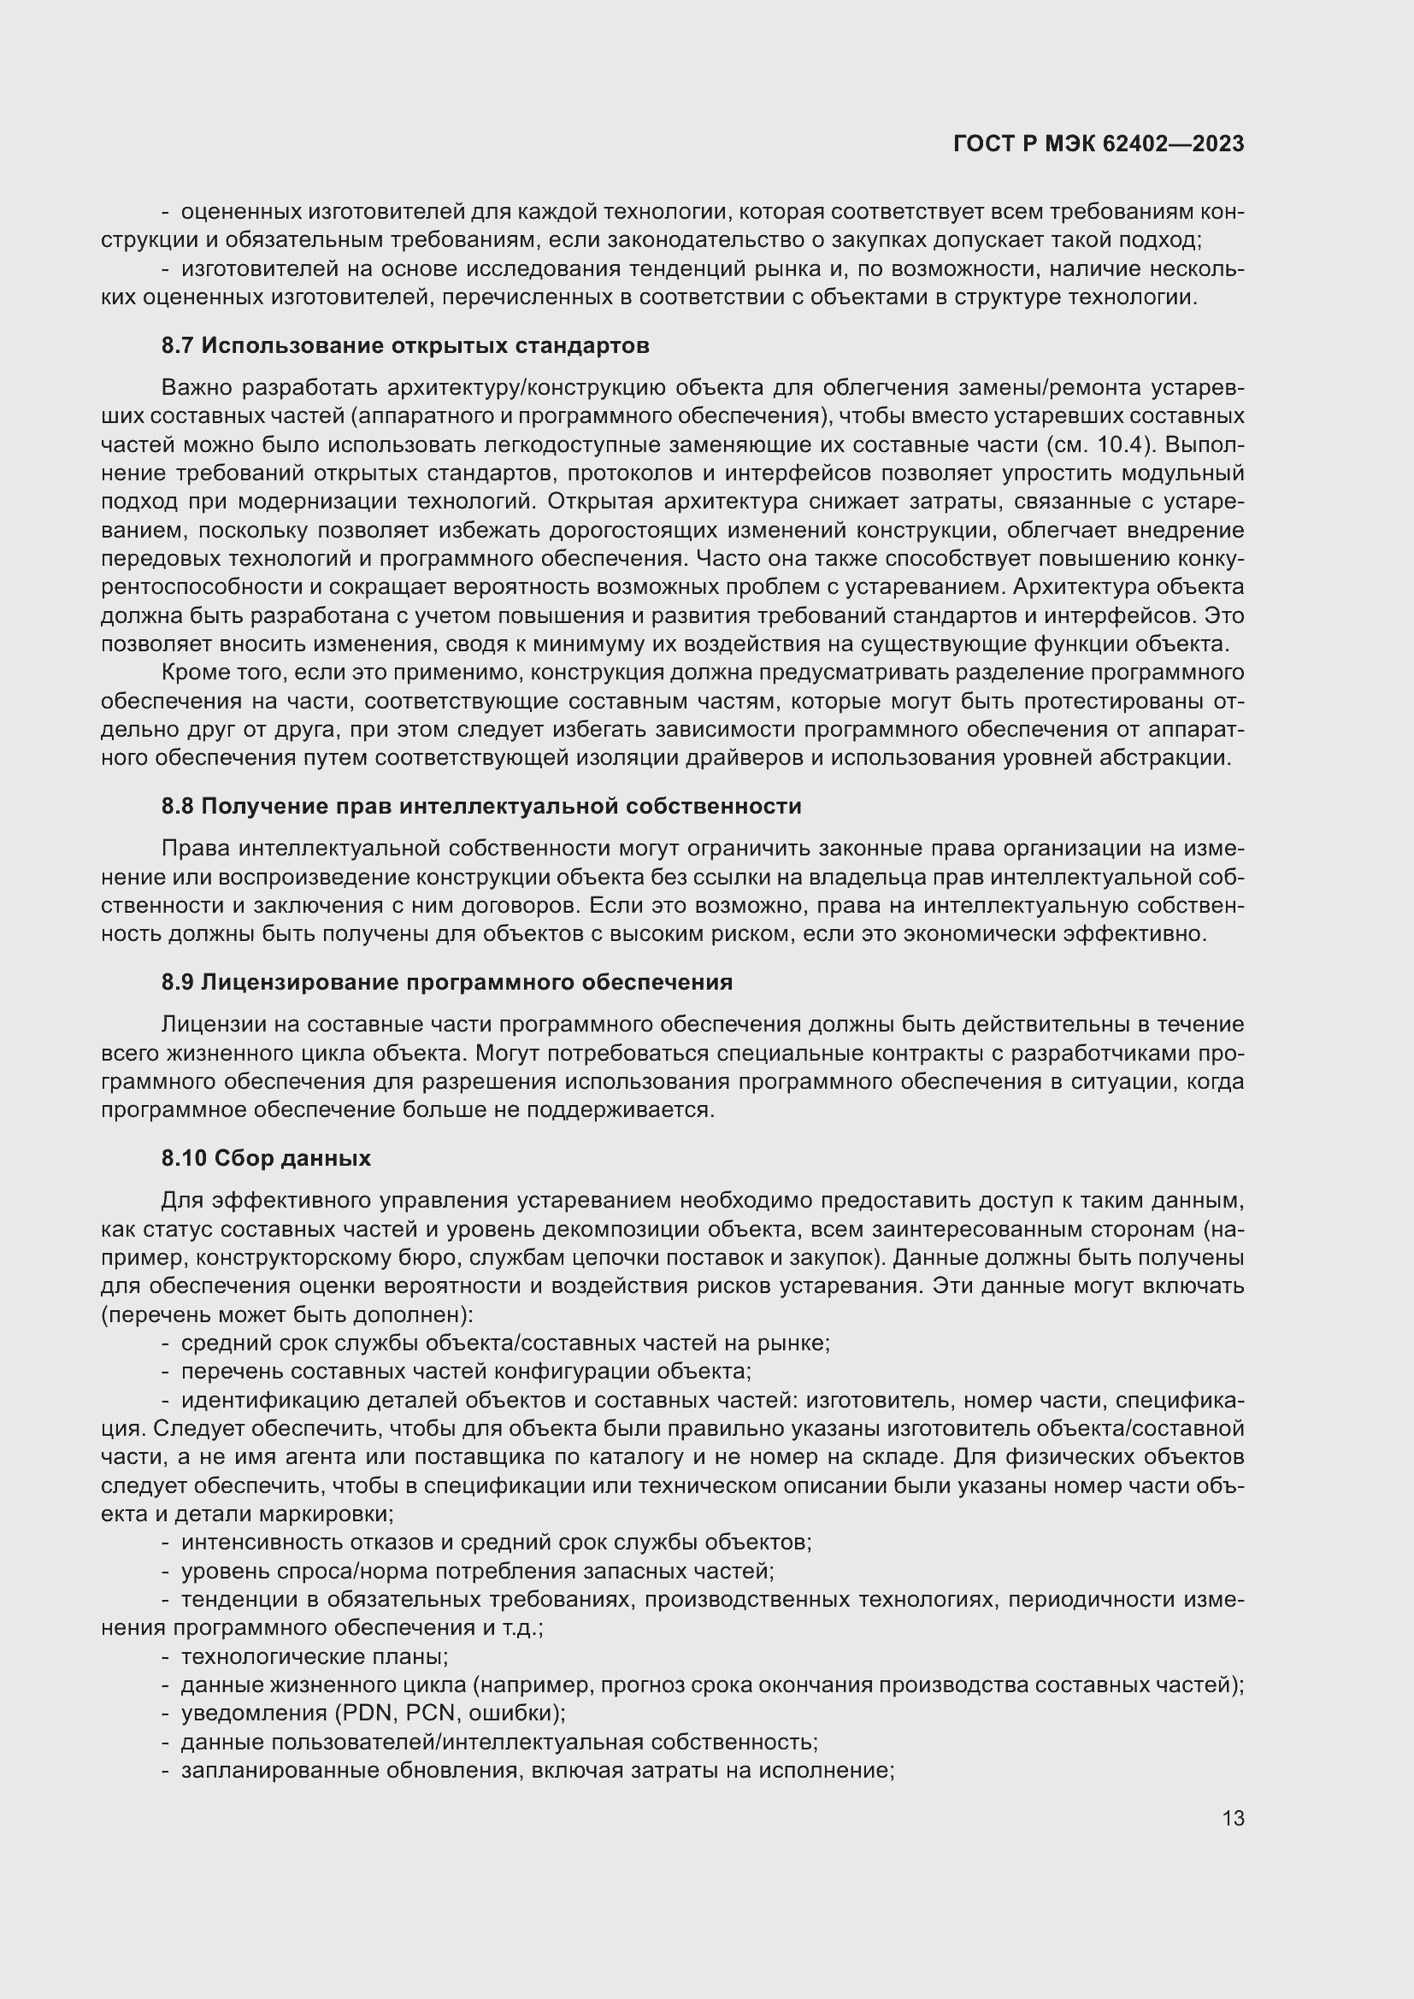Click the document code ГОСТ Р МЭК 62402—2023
[x=1099, y=144]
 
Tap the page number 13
[x=1233, y=1819]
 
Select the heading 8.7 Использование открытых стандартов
[x=405, y=345]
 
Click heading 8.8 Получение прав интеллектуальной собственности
[x=480, y=806]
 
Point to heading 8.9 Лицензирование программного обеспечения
[x=446, y=982]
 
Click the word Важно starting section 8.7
[x=197, y=387]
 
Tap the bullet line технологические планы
[x=315, y=1656]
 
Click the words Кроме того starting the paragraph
[x=222, y=672]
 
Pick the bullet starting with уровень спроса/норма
[x=477, y=1571]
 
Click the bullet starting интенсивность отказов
[x=497, y=1542]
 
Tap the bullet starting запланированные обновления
[x=537, y=1770]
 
